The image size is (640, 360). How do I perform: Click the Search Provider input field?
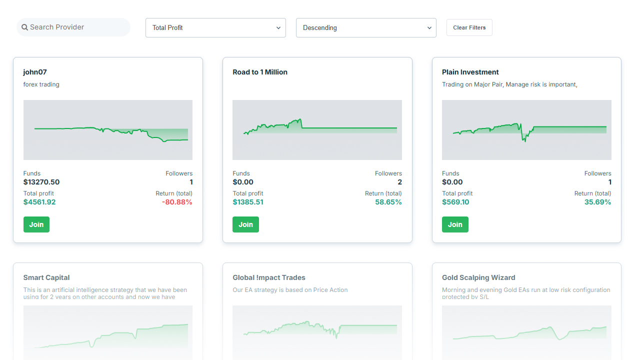click(75, 27)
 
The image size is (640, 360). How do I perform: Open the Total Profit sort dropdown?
click(215, 28)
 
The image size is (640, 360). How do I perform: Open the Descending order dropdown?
click(366, 28)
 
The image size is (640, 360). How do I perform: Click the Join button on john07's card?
click(36, 224)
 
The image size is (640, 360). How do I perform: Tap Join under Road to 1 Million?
click(245, 224)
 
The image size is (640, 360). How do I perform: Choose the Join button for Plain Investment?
click(455, 224)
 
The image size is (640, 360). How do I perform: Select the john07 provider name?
click(35, 72)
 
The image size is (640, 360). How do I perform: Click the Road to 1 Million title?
click(260, 72)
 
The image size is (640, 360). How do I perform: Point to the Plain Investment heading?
click(470, 72)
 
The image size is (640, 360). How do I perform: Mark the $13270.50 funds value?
click(41, 182)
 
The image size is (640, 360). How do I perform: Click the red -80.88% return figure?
click(177, 202)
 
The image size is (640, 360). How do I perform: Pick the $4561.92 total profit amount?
click(39, 202)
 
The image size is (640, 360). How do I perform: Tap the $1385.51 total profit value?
click(248, 202)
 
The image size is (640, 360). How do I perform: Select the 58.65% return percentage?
click(388, 202)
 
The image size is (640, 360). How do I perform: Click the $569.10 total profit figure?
click(455, 202)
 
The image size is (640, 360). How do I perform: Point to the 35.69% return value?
click(597, 202)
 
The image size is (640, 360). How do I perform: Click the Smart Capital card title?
click(46, 277)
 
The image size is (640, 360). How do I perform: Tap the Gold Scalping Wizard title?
click(478, 277)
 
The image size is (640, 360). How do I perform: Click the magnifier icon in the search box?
click(25, 27)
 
